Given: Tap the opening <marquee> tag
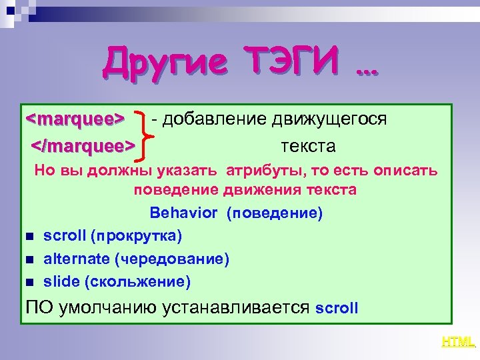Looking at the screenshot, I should click(75, 119).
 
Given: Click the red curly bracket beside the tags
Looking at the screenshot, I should click(145, 132).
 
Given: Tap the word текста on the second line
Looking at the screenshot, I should click(308, 145).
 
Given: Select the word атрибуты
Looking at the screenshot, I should click(263, 170).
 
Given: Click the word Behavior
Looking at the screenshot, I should click(184, 213).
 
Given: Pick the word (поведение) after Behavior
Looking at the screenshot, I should click(275, 213).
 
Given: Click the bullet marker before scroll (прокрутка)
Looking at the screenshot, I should click(29, 237).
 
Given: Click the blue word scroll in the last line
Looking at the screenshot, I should click(337, 309).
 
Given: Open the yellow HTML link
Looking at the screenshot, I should click(458, 342).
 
